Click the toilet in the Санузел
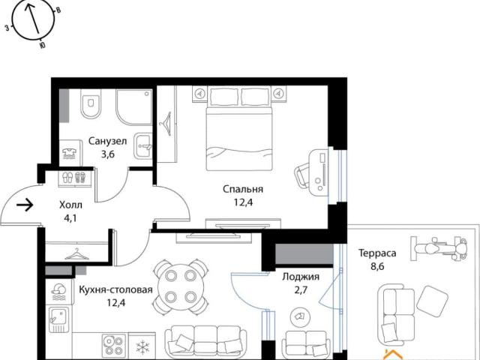90,103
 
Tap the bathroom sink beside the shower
143,146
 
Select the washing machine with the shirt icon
70,153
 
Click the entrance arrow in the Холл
25,205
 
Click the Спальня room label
243,189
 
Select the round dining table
181,286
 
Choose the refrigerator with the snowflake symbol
142,346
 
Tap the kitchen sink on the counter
59,319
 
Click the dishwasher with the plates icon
58,292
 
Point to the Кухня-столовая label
115,289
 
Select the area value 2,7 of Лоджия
301,289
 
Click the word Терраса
377,253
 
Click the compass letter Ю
43,46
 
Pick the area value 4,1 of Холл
70,219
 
